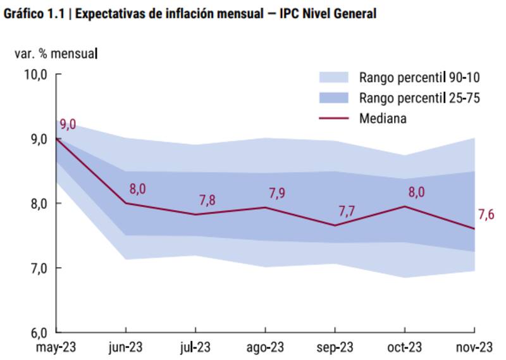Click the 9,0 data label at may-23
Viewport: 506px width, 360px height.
[68, 125]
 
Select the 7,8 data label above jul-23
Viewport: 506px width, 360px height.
[207, 200]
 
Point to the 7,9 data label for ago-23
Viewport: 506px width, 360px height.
[276, 193]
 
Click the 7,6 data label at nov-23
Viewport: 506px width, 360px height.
[486, 215]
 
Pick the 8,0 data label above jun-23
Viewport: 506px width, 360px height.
[137, 189]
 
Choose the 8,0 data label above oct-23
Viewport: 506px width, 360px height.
[414, 192]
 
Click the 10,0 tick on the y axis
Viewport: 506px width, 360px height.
[35, 75]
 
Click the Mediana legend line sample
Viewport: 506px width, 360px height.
[334, 118]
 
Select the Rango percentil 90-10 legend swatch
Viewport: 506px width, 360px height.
[334, 78]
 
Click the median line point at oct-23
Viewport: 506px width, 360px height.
[405, 206]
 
